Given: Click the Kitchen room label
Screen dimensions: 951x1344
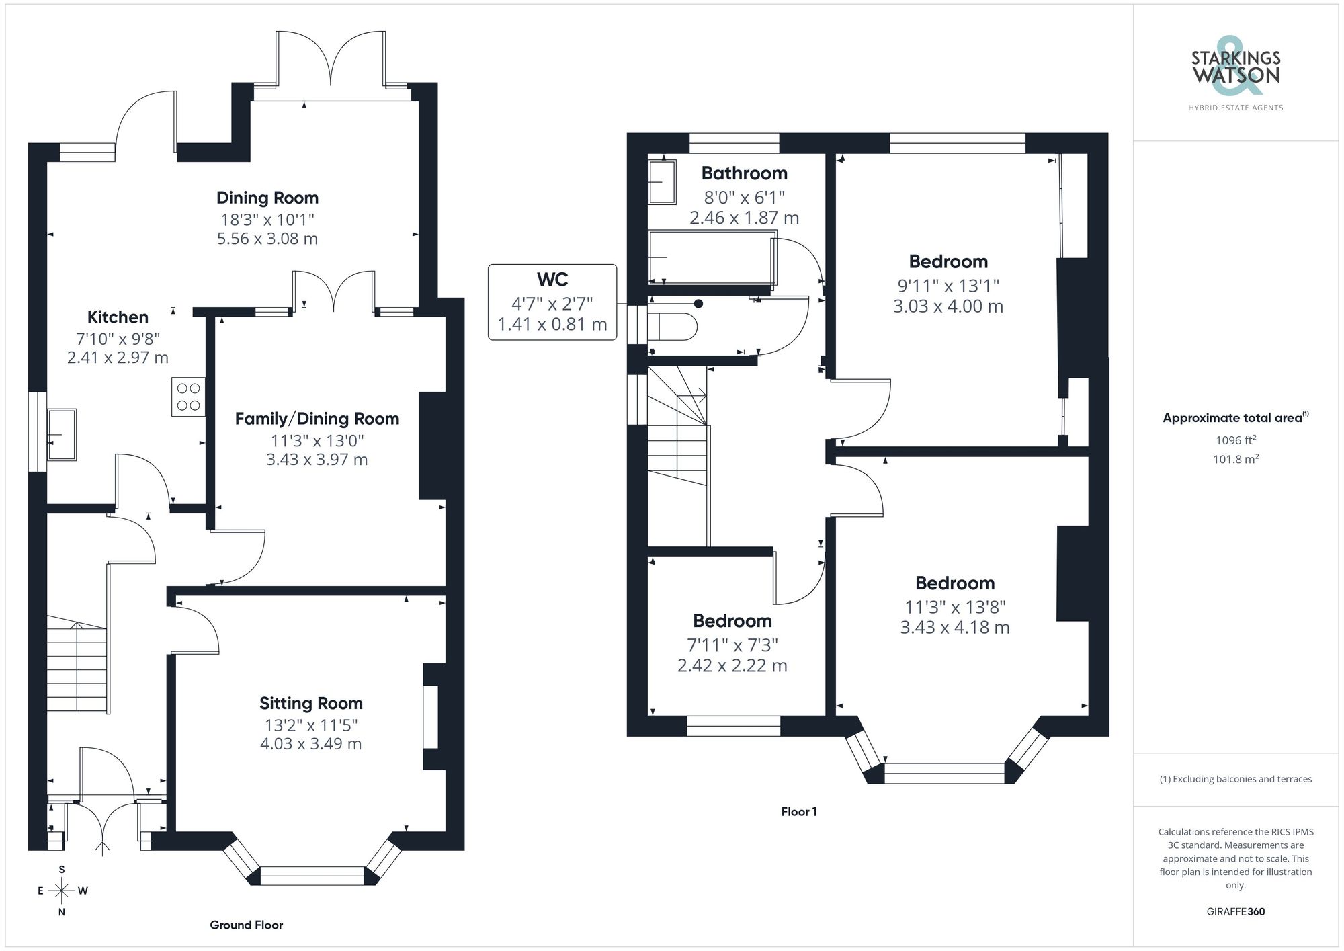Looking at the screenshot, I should coord(118,317).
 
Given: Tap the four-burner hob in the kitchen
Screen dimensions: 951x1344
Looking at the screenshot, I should coord(188,397).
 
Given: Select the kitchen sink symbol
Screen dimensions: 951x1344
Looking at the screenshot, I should coord(62,434).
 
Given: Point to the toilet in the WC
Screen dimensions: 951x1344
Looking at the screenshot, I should coord(673,327).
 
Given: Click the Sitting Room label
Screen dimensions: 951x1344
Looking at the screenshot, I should coord(311,703).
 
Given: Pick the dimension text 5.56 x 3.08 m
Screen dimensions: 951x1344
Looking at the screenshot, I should coord(267,239).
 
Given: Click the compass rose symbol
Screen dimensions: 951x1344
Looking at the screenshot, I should coord(62,891).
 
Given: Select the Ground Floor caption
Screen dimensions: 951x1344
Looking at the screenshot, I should coord(246,925).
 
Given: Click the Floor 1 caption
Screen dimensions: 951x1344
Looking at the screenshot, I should coord(798,811).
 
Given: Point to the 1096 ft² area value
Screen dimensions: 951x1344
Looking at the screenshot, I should coord(1235,440).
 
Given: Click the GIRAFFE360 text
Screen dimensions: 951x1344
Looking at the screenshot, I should coord(1235,911).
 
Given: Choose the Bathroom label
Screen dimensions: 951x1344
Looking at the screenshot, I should coord(744,173).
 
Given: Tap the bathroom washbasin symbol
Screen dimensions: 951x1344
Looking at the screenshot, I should coord(663,181).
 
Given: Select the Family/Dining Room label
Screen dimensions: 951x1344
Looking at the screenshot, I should coord(317,419).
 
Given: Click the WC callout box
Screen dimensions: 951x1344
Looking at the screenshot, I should coord(552,302).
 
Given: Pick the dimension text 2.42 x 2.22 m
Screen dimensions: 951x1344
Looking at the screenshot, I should coord(732,665).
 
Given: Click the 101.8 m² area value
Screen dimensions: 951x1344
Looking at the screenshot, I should coord(1235,459).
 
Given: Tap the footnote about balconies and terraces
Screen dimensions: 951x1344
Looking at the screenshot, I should coord(1235,779).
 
